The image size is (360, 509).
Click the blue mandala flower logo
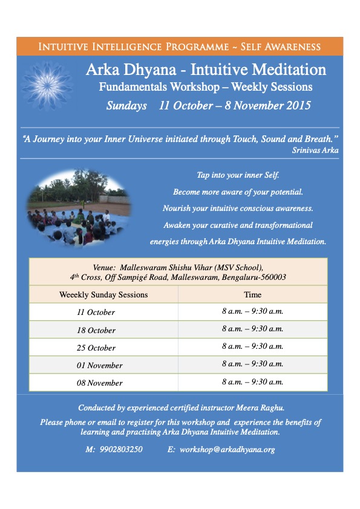[x=47, y=86]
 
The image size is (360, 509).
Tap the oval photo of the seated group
[x=79, y=208]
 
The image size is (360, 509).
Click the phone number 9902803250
[x=121, y=449]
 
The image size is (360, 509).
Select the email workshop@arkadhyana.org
[x=227, y=450]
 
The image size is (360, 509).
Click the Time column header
[x=252, y=294]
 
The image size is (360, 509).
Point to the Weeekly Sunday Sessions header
[x=103, y=294]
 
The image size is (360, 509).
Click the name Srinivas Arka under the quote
[x=315, y=150]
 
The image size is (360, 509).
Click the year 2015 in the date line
[x=298, y=106]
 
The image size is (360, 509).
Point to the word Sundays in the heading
[x=126, y=106]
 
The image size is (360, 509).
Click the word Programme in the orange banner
[x=197, y=47]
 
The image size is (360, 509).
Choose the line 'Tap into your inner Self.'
[x=238, y=175]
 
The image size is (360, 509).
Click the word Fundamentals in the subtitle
[x=133, y=86]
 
